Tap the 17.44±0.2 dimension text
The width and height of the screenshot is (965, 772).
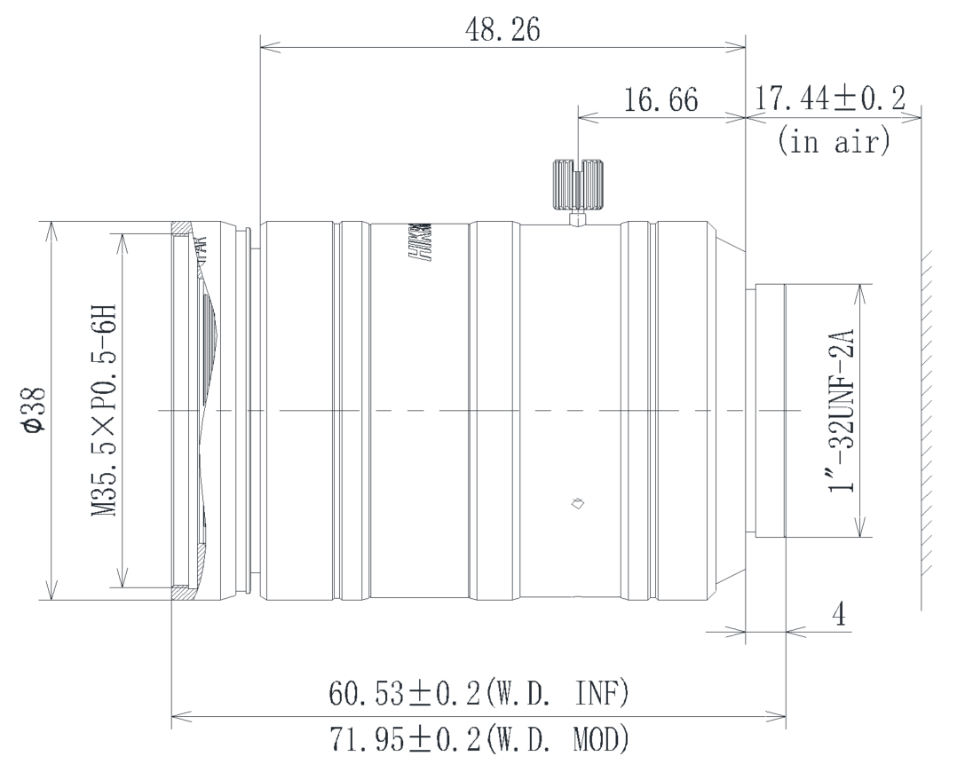tap(827, 99)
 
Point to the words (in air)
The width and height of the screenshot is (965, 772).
tap(833, 142)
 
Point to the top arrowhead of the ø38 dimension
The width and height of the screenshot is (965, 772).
tap(51, 227)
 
